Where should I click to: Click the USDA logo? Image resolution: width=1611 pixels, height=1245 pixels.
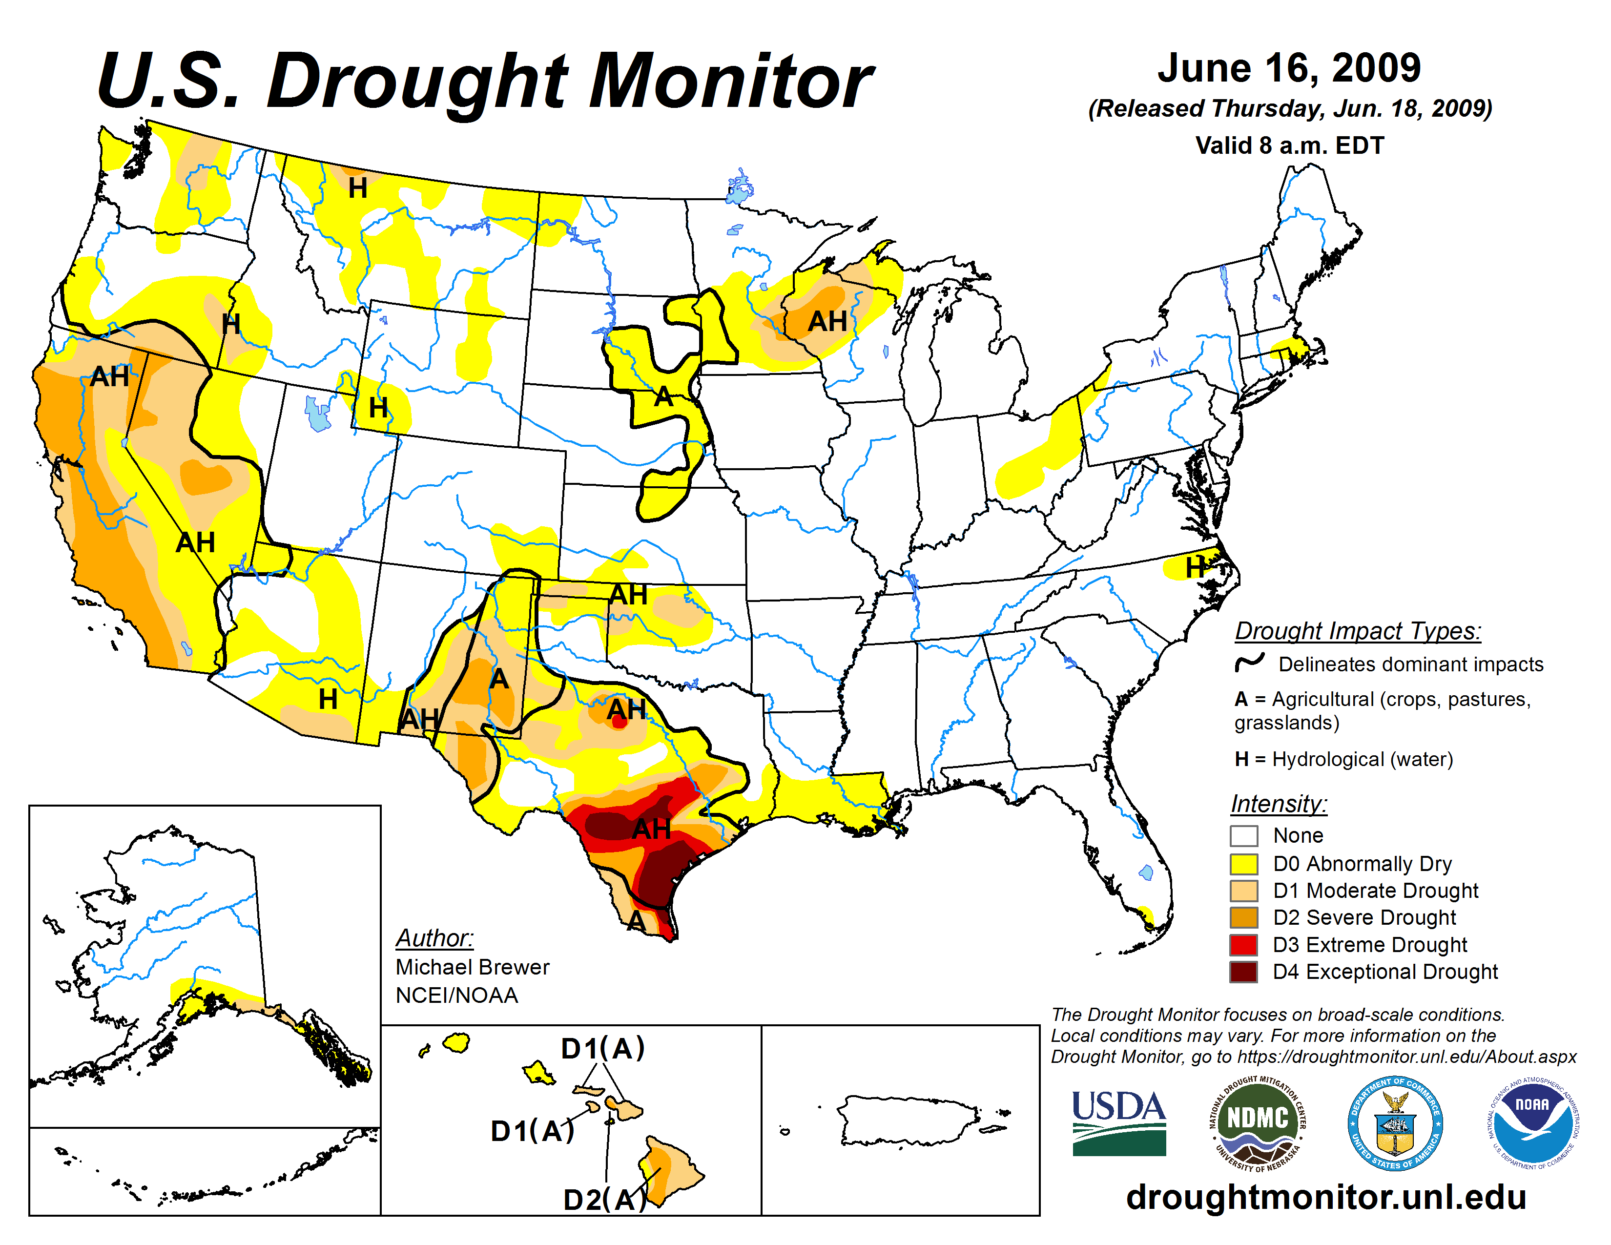pos(1118,1122)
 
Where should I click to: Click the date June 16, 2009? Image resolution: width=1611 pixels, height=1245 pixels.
pos(1289,68)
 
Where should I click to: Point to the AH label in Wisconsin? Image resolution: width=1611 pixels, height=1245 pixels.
pos(827,322)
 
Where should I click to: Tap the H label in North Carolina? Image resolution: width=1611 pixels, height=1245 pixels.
pos(1196,567)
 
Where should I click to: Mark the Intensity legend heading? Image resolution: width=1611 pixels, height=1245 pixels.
pos(1279,803)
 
